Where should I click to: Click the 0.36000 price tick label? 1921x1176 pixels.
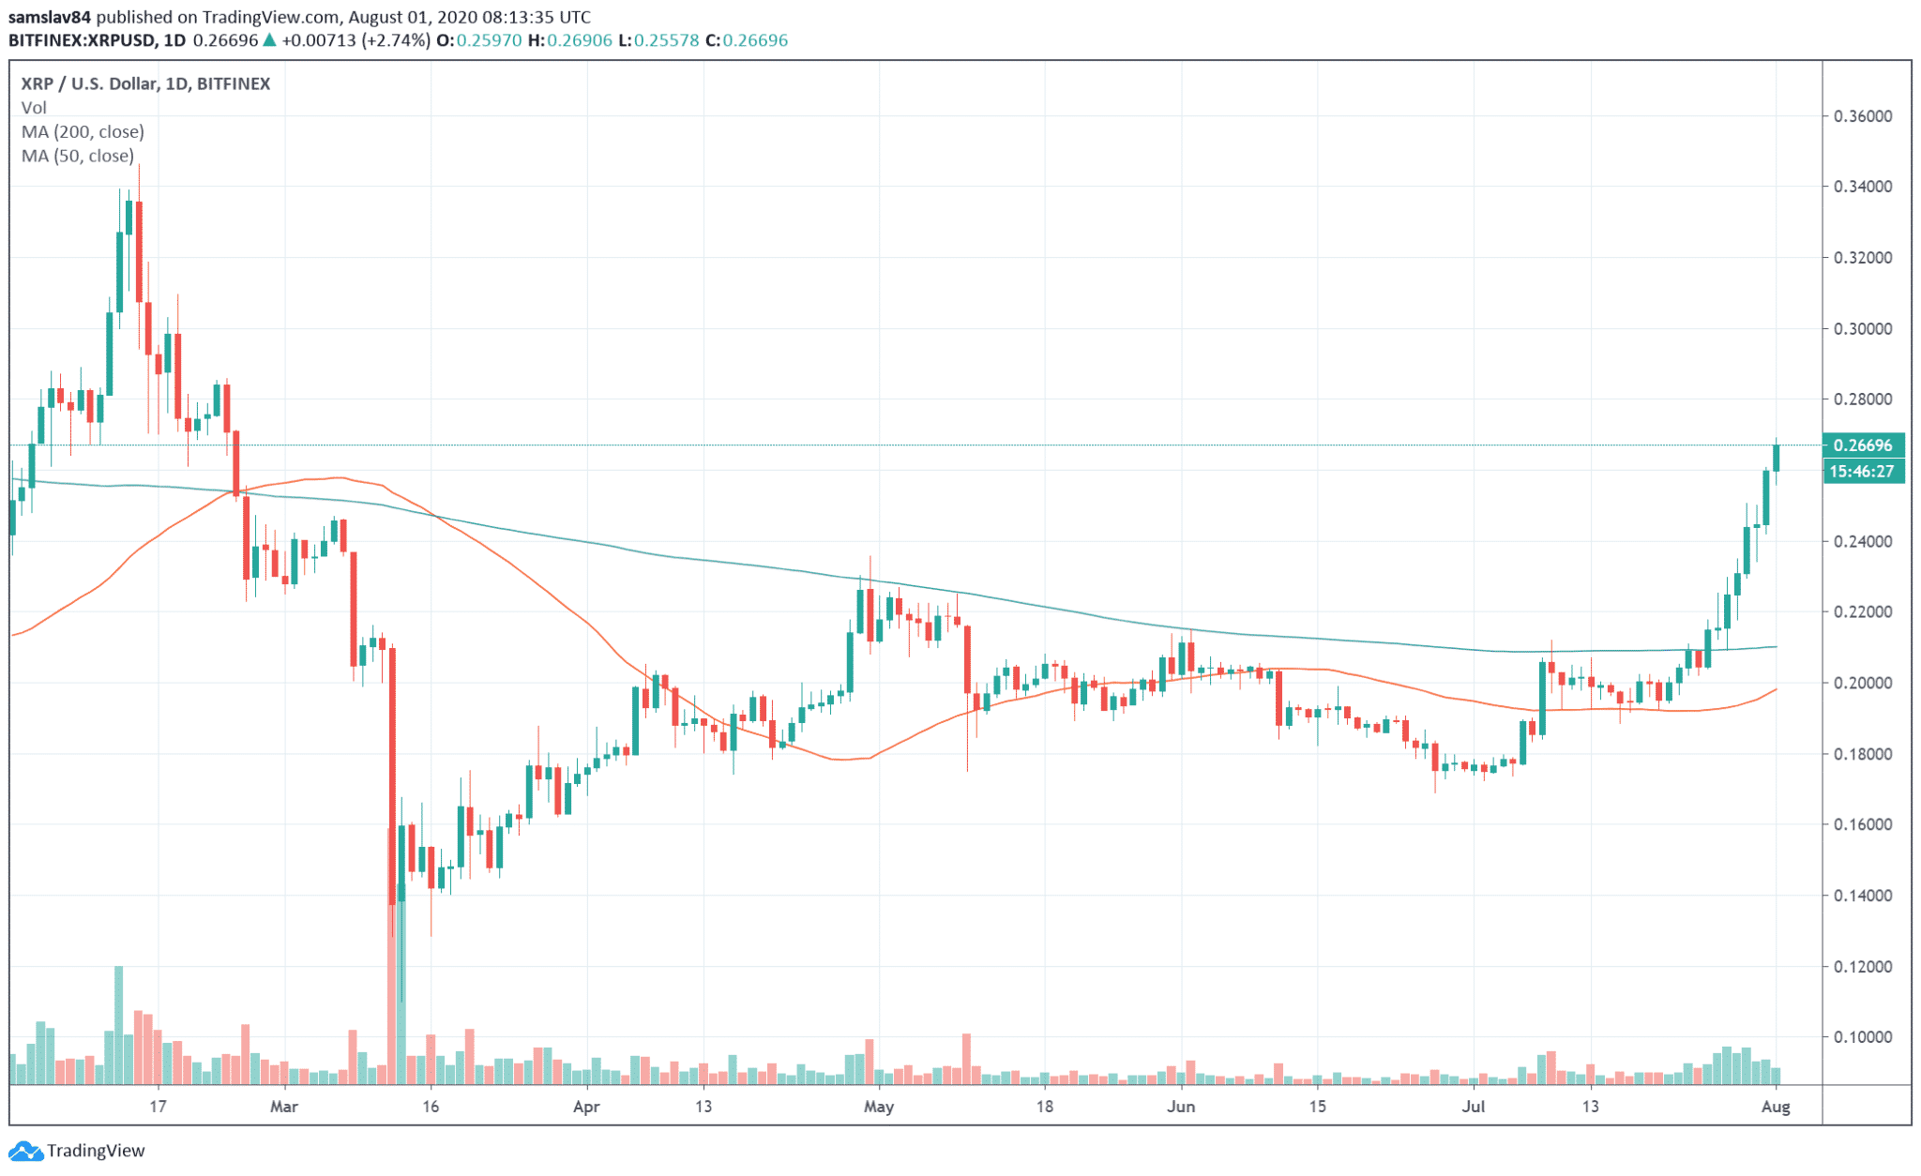(1863, 116)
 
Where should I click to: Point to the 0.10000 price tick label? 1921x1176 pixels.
(1863, 1037)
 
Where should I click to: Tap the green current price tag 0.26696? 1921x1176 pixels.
(1863, 445)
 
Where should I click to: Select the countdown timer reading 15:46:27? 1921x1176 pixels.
(1863, 471)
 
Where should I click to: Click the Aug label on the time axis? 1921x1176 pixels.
(1776, 1107)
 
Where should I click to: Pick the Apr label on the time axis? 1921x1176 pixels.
(586, 1107)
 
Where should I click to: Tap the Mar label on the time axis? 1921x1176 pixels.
(283, 1107)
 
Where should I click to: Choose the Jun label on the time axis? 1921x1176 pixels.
(1181, 1107)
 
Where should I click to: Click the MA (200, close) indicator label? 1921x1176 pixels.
(83, 131)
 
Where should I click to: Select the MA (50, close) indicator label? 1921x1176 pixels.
(78, 156)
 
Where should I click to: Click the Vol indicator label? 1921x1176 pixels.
(34, 108)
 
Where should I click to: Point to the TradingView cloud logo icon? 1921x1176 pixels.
(25, 1151)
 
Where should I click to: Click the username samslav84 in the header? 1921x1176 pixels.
(50, 17)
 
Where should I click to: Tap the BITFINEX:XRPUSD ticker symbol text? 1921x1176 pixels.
(83, 40)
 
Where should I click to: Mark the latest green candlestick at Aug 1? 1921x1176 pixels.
(1776, 458)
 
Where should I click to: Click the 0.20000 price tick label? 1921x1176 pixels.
(1863, 683)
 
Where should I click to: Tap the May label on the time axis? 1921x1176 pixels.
(879, 1107)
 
